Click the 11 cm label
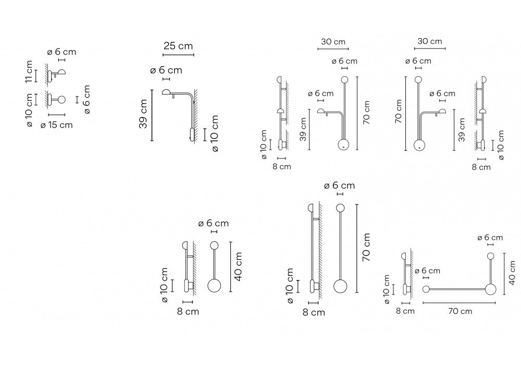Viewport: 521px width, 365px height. (29, 71)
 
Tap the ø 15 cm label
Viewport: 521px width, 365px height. (56, 125)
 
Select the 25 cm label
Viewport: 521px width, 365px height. (178, 46)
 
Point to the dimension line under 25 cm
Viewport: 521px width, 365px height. (178, 55)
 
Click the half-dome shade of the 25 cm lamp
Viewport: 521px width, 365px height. (167, 92)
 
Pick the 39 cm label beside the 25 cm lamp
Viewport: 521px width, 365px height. (143, 114)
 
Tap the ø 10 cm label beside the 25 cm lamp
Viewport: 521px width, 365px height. (215, 133)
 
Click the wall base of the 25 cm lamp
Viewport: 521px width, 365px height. (192, 134)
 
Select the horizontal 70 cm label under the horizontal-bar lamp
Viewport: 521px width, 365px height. (460, 311)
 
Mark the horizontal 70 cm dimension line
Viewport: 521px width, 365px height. (459, 303)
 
